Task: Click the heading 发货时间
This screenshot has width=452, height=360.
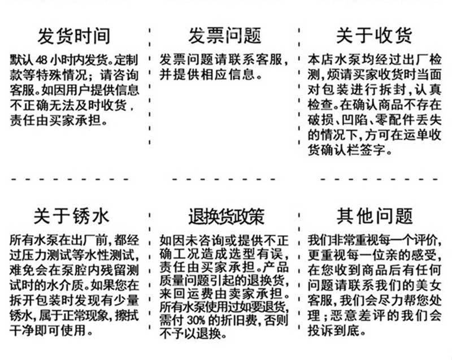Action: point(74,36)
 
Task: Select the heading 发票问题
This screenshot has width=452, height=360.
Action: point(225,36)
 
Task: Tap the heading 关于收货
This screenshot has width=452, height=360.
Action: point(374,36)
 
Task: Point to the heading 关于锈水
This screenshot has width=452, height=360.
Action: point(71,216)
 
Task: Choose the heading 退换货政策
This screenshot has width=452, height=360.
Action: point(227,217)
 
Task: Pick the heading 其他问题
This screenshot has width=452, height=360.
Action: point(375,216)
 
